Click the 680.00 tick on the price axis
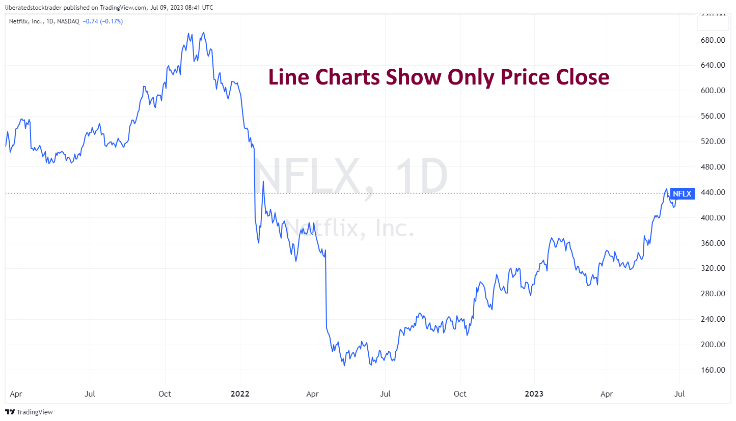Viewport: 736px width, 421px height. pos(713,40)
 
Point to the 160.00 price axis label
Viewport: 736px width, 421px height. pos(713,370)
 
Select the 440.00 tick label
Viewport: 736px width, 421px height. pos(713,192)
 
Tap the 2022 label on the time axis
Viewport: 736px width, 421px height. pos(240,394)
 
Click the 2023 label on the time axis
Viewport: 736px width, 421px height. pos(535,394)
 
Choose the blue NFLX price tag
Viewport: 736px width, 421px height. pos(683,193)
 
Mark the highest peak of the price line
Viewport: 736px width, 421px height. pos(204,33)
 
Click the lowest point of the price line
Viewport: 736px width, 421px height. pos(344,366)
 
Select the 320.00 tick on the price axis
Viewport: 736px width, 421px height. pos(713,268)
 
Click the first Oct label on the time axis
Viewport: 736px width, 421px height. pos(165,394)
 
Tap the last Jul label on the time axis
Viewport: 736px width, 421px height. pos(679,394)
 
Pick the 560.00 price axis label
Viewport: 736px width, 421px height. pos(713,116)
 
